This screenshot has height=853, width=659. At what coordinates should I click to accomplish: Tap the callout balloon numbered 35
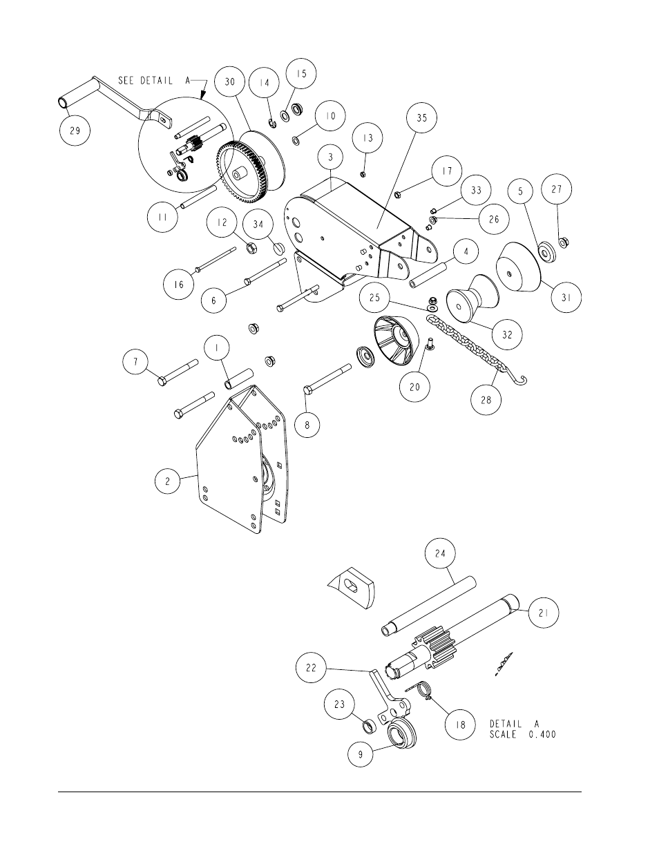pos(422,118)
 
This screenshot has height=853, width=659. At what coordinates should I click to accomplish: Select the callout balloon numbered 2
pos(167,482)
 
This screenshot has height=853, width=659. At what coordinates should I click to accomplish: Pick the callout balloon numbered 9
pos(360,754)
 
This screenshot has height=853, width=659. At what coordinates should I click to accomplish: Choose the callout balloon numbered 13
pos(367,138)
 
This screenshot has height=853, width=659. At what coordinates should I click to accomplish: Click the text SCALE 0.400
pos(523,735)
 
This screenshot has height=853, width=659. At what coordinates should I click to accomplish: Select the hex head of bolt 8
pos(308,392)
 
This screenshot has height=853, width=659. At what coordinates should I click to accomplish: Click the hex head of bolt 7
pos(162,380)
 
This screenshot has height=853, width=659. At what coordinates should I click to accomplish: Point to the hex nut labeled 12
pos(251,247)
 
